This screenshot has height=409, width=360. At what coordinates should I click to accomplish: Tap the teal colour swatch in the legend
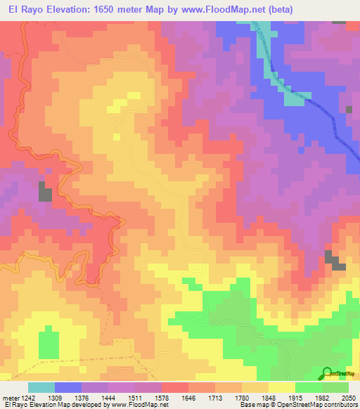41,387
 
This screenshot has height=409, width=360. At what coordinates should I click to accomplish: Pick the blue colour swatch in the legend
68,387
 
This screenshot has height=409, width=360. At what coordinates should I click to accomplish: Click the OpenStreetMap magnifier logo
327,372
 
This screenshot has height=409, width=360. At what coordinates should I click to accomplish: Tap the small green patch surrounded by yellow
48,344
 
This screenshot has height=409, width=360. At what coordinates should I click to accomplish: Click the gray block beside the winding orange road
45,193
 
